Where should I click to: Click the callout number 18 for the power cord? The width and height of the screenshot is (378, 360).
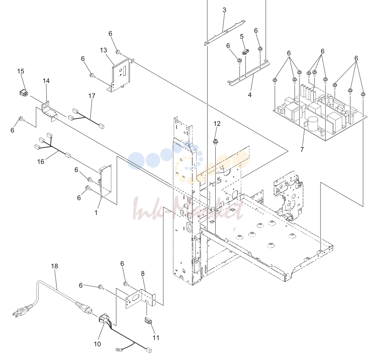coord(55,266)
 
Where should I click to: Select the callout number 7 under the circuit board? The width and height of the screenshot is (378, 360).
coord(302,150)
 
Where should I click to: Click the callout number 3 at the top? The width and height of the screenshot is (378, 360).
coord(224,10)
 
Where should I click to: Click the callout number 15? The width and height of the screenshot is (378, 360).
coord(21,71)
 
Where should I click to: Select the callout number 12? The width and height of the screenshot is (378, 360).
coord(217,124)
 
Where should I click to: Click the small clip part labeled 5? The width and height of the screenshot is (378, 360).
coord(245,52)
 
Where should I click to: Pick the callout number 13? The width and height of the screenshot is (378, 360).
coord(103,50)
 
